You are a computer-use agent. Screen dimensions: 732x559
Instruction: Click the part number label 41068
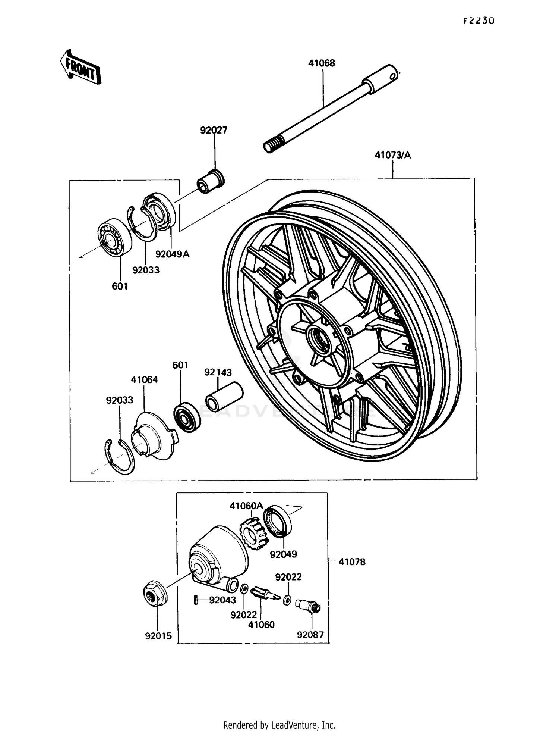[x=321, y=63]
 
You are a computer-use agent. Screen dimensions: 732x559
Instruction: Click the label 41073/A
[x=392, y=155]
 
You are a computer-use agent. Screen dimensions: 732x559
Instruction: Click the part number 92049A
[x=172, y=254]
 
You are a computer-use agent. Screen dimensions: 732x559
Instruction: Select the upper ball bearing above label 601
[x=114, y=238]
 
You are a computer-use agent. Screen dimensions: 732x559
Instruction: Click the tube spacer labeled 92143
[x=224, y=397]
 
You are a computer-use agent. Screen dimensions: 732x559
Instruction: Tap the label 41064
[x=144, y=380]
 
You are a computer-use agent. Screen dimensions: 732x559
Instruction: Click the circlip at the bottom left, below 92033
[x=119, y=457]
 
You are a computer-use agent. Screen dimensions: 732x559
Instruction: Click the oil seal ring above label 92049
[x=278, y=521]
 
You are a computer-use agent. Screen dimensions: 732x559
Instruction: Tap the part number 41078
[x=352, y=562]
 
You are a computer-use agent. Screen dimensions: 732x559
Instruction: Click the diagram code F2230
[x=479, y=21]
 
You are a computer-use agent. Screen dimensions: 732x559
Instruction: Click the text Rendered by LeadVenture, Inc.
[x=279, y=725]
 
